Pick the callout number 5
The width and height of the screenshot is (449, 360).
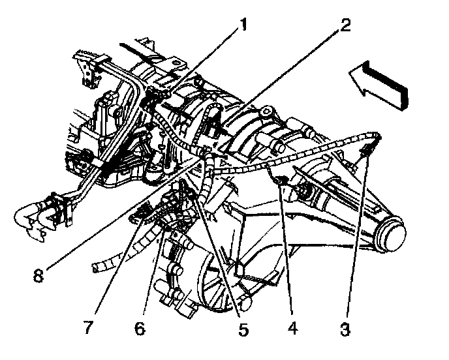(243, 330)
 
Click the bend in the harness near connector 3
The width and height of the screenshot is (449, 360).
(375, 136)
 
